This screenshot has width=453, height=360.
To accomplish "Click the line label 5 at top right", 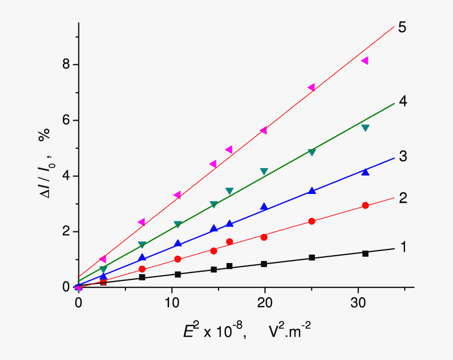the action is pos(402,27).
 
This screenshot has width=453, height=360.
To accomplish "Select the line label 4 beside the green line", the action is pos(403,101).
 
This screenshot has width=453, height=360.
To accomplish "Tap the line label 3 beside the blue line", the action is pos(403,156).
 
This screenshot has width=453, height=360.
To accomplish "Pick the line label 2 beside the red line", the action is pos(403,198).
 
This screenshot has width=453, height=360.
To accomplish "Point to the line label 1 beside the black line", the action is pos(403,247).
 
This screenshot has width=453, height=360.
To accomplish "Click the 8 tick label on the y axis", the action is pos(66,64).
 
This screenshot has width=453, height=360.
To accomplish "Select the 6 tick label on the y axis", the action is pos(66,120).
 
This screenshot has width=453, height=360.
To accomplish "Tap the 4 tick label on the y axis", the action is pos(66,176).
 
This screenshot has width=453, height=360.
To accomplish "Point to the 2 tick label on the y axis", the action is pos(66,231).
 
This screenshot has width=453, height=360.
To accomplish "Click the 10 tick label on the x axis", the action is pos(172,303).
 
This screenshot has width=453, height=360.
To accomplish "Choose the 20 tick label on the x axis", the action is pos(265,303).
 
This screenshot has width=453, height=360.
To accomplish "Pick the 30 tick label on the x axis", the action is pos(358,303).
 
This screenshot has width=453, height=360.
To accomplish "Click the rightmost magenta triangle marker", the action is pos(365,61).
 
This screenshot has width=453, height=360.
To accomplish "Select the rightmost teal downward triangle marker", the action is pos(366,128).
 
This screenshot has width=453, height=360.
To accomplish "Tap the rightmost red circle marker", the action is pos(366,206).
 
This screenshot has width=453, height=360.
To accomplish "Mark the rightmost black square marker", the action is pos(366,254).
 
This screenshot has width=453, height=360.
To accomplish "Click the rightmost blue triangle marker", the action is pos(366,172).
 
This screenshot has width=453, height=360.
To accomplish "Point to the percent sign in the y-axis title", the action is pos(44,135).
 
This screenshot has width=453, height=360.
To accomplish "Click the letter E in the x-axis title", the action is pos(188,332).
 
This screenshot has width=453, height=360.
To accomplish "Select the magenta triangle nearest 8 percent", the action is pos(365,61).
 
